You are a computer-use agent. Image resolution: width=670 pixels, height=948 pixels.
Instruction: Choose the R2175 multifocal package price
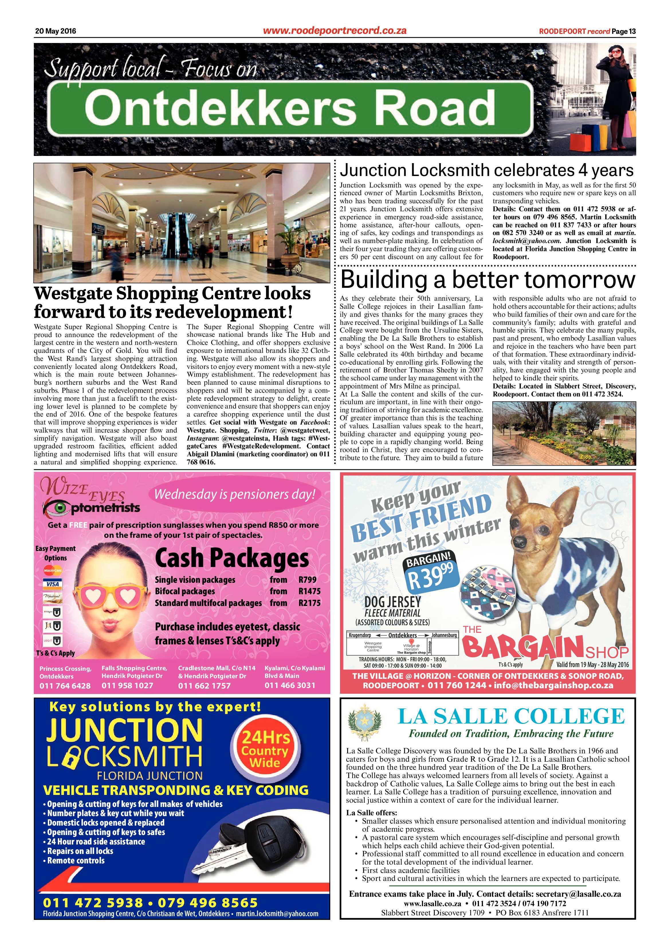(309, 603)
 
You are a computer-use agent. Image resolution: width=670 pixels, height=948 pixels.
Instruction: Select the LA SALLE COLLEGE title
(511, 716)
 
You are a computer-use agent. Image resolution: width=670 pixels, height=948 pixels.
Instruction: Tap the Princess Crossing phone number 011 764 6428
(65, 686)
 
